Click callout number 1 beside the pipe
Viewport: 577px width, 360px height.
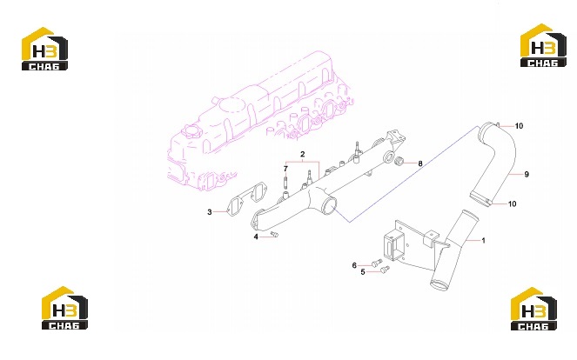[483, 241]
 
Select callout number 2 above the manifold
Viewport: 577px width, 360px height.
[303, 154]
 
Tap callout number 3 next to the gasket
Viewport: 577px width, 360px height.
[210, 212]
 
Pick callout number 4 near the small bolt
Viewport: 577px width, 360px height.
[256, 237]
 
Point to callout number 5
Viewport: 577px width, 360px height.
[363, 272]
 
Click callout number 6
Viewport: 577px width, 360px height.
[354, 265]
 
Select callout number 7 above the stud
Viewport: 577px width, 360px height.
[285, 169]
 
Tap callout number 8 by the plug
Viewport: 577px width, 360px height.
[420, 163]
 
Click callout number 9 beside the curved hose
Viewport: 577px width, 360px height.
[527, 174]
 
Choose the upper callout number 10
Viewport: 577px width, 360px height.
[519, 126]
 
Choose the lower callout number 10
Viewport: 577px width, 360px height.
[512, 203]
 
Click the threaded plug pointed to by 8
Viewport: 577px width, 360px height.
[399, 161]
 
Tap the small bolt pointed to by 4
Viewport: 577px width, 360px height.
[274, 234]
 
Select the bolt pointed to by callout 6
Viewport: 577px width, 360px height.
[377, 263]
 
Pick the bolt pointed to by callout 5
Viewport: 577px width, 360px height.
[385, 270]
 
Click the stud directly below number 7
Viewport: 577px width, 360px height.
[285, 181]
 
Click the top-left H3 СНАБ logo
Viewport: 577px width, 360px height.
[44, 49]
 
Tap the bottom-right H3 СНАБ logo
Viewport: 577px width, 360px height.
[533, 309]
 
